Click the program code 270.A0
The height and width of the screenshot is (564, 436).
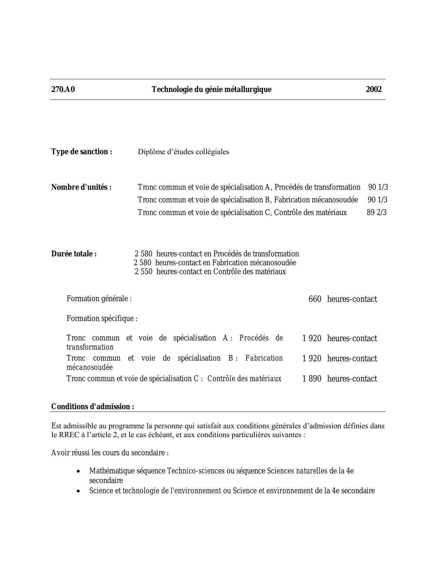coord(63,90)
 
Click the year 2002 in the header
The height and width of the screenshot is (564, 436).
coord(373,90)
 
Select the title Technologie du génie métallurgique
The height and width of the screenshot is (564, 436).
coord(211,90)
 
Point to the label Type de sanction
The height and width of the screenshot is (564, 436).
coord(82,152)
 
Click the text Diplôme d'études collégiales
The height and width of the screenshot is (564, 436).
coord(183,152)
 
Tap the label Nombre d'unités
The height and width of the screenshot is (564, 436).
coord(81,187)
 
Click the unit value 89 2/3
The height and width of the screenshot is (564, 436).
coord(376,213)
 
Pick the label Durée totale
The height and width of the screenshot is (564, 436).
coord(74,254)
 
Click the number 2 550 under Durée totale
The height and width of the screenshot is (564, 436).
coord(143,272)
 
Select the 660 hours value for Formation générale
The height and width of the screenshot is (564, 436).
coord(315,299)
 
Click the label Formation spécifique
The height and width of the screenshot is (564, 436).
coord(102,319)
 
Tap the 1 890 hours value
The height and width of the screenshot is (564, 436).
coord(312,379)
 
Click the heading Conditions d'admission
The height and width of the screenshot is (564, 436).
coord(93,407)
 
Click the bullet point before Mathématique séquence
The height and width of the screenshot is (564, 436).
coord(79,471)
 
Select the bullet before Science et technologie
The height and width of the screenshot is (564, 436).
coord(79,491)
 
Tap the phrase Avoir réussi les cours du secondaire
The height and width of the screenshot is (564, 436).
coord(110,453)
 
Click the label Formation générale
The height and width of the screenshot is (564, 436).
coord(99,299)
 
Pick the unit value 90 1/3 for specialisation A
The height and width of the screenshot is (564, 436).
coord(378,187)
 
